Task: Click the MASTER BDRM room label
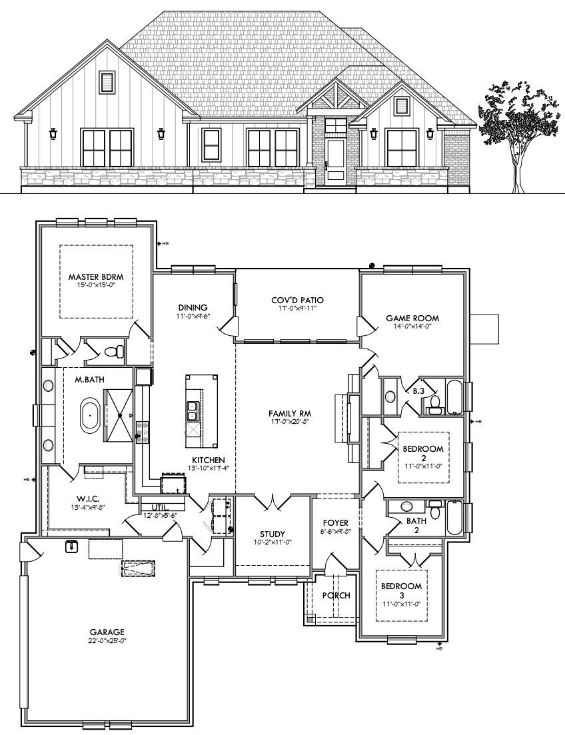click(x=96, y=277)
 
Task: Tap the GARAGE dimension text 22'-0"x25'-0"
click(x=107, y=640)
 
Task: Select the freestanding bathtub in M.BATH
click(x=89, y=415)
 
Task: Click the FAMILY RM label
click(x=290, y=413)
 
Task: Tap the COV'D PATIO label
click(x=297, y=301)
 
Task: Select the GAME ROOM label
click(x=412, y=319)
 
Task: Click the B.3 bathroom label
click(x=418, y=390)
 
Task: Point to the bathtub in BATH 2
click(x=455, y=518)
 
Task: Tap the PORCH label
click(x=336, y=595)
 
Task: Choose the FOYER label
click(x=336, y=522)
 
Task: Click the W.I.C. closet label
click(x=88, y=498)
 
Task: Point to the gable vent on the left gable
click(x=107, y=82)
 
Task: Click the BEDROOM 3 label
click(x=401, y=586)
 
